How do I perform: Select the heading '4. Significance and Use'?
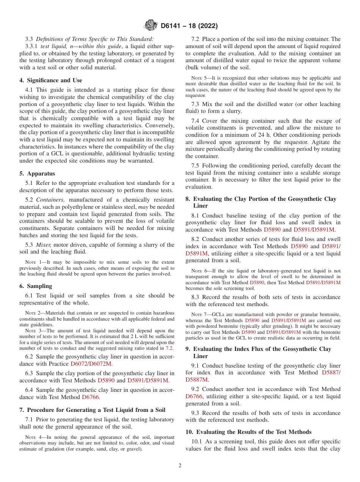51,80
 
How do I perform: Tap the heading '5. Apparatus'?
37,174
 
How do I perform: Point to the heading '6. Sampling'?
36,286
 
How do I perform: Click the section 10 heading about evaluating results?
249,432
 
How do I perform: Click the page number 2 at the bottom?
180,466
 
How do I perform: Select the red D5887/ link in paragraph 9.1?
331,373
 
